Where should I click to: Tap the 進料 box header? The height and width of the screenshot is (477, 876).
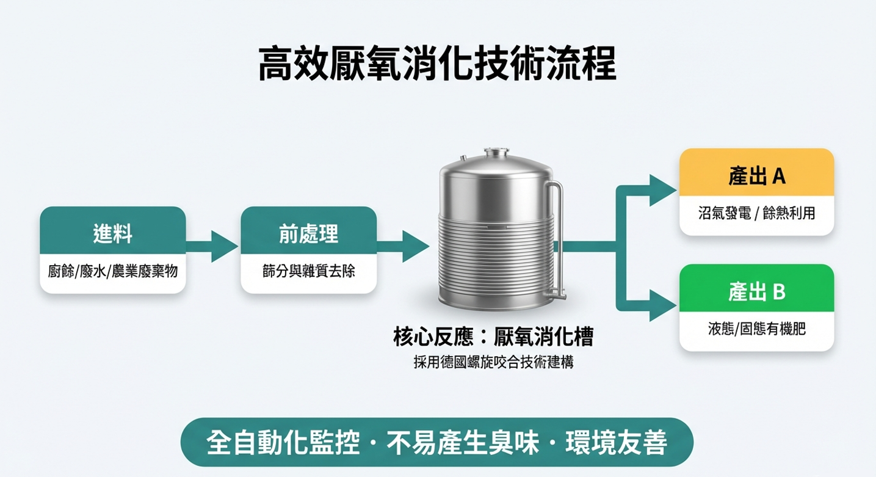click(x=113, y=233)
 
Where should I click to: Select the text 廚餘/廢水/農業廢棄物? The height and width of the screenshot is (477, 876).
click(x=113, y=271)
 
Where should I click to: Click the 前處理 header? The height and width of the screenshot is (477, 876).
click(x=308, y=233)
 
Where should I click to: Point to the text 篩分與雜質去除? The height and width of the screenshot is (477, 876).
click(x=308, y=271)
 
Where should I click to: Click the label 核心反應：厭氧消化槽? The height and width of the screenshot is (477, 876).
click(x=493, y=337)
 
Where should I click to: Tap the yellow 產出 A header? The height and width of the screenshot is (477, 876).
click(x=756, y=176)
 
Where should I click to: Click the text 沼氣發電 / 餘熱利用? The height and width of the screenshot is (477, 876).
click(x=756, y=213)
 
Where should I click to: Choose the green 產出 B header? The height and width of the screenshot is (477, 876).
click(x=756, y=292)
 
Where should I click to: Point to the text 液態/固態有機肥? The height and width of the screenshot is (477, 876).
click(x=756, y=329)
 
